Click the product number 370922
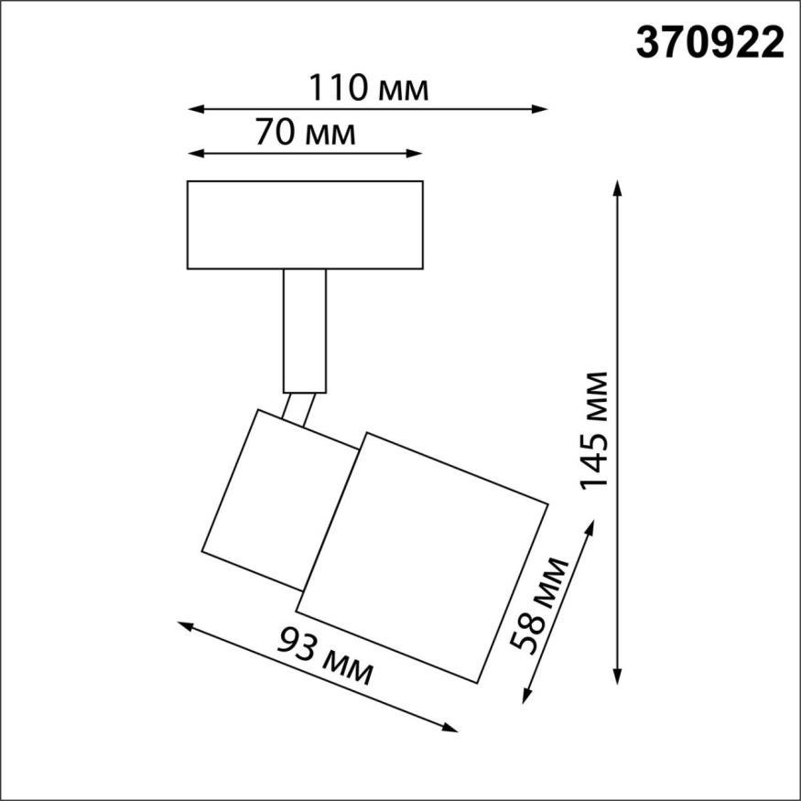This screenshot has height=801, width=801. [x=709, y=43]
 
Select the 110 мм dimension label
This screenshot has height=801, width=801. [x=367, y=89]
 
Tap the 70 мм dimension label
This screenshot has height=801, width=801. [x=304, y=134]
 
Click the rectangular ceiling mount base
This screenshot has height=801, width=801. [x=305, y=224]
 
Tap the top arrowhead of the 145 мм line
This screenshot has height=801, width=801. [x=618, y=189]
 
